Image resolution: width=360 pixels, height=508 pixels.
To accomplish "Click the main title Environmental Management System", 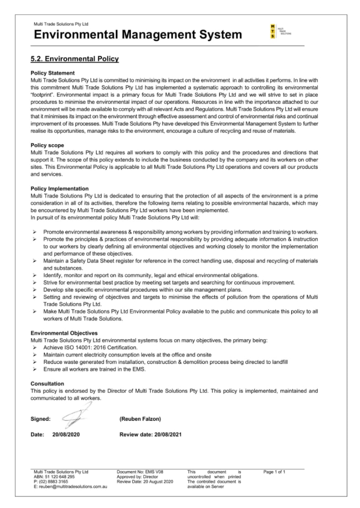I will tap(136, 35).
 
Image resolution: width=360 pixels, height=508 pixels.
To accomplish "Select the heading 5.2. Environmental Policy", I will tap(74, 59).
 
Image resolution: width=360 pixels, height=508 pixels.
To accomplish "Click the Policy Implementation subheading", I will tap(59, 188).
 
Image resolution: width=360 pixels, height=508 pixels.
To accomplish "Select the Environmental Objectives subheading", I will tap(64, 333).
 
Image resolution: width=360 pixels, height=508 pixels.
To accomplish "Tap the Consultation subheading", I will tap(47, 383).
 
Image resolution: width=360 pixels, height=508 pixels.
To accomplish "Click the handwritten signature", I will tap(73, 417).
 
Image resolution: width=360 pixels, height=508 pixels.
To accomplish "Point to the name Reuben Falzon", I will tap(140, 419).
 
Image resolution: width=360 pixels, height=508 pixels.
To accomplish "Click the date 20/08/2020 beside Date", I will tap(66, 434).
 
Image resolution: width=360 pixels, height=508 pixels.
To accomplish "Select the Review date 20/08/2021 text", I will tap(151, 434).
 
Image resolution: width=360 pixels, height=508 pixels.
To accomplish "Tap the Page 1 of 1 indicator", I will tap(274, 472).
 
